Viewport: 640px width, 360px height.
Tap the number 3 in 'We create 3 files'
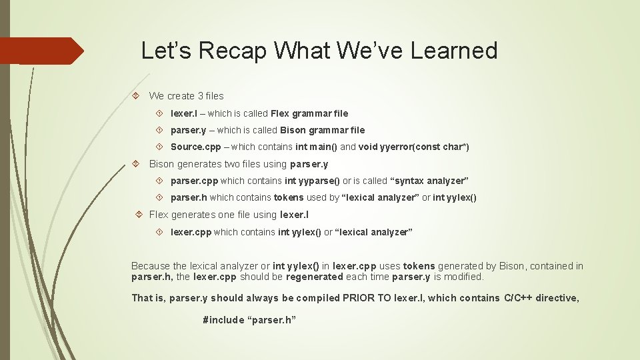pyautogui.click(x=199, y=96)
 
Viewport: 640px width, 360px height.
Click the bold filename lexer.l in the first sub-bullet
pyautogui.click(x=186, y=113)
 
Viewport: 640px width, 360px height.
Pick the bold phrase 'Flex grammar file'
pyautogui.click(x=309, y=113)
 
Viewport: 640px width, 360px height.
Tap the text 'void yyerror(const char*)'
pyautogui.click(x=414, y=147)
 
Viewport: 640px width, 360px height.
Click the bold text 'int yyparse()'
pyautogui.click(x=312, y=181)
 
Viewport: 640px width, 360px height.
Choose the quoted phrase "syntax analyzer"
pyautogui.click(x=429, y=181)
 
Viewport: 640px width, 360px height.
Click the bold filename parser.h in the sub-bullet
pyautogui.click(x=189, y=197)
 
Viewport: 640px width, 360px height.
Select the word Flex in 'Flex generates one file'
pyautogui.click(x=159, y=215)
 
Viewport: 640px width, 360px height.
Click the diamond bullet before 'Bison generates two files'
pyautogui.click(x=135, y=163)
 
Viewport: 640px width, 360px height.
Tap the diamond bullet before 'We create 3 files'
pyautogui.click(x=135, y=96)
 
